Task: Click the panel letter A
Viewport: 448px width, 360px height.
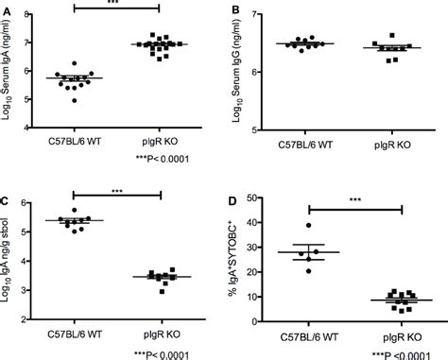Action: tap(7, 9)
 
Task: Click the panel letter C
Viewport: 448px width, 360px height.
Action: tap(7, 199)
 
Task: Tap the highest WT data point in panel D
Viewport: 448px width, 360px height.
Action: tap(308, 225)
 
